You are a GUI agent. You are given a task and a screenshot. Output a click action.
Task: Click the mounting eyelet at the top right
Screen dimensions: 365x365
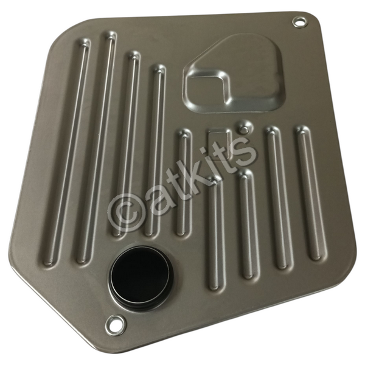pos(299,23)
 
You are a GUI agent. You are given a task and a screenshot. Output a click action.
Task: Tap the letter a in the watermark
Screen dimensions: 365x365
pos(158,198)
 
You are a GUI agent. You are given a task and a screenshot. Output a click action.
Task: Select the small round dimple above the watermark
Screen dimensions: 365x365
pos(244,127)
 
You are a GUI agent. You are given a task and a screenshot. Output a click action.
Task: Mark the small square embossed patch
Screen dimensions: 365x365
pos(219,140)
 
